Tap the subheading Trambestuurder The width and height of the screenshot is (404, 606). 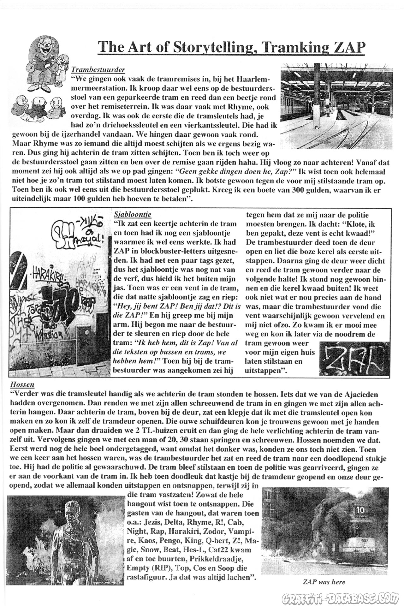click(x=98, y=69)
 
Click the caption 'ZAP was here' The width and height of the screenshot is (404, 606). click(x=324, y=582)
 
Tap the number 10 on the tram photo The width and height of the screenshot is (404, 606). click(x=360, y=509)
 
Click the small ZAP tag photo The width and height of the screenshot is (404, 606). click(x=353, y=358)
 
